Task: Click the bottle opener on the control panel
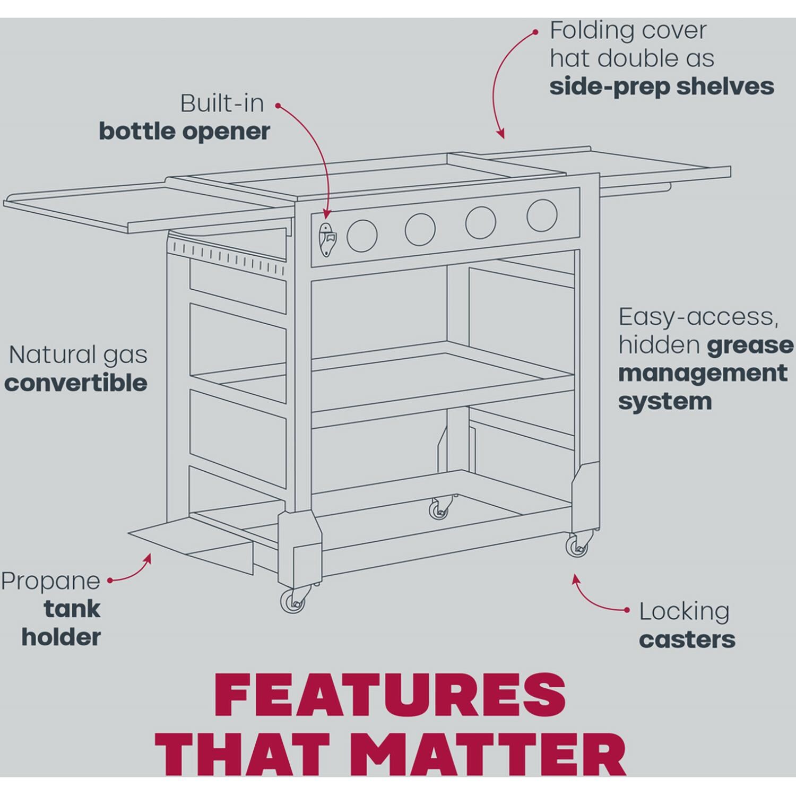[x=326, y=241]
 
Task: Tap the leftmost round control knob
[x=362, y=235]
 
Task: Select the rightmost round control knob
[x=542, y=215]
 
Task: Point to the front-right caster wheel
[x=577, y=546]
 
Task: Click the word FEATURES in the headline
[x=390, y=696]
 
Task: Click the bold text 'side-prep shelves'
[x=662, y=87]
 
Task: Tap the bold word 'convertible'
[x=76, y=383]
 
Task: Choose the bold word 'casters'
[x=687, y=640]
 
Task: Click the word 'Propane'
[x=50, y=582]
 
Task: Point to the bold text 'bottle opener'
[x=185, y=132]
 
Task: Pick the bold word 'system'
[x=664, y=402]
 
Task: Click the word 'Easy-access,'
[x=698, y=317]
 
